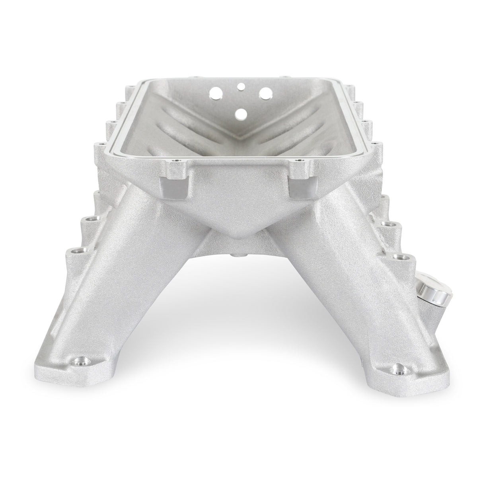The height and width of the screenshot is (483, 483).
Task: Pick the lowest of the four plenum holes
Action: tap(240, 114)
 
